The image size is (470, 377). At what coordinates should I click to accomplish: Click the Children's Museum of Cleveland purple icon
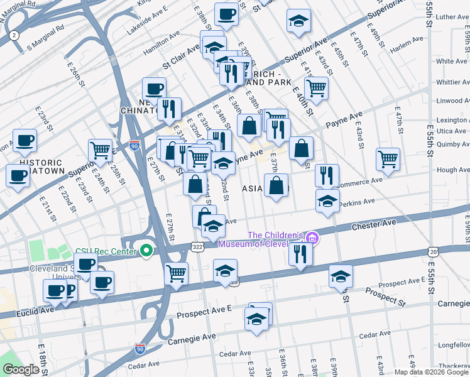coord(313,238)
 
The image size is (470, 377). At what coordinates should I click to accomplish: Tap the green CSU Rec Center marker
coord(146,251)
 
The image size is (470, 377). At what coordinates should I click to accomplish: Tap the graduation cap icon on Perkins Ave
coord(327,200)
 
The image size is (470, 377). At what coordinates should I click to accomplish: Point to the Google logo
coord(21,369)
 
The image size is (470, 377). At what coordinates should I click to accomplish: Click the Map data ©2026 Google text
coord(430,372)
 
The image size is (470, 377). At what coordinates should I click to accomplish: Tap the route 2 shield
coord(14,36)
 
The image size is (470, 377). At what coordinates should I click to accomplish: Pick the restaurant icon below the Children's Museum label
coord(300,253)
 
